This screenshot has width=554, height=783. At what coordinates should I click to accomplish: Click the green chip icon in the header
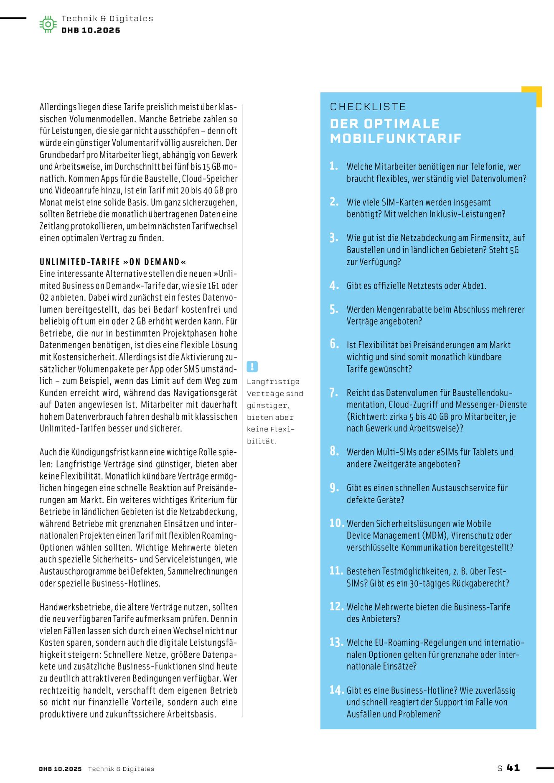48,24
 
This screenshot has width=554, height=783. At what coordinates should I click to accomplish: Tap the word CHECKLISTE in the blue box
368,107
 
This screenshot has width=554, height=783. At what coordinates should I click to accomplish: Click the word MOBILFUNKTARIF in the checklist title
396,138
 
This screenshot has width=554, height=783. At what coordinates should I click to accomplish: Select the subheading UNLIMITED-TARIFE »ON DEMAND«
113,262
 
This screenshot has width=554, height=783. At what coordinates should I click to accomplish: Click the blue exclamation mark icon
252,367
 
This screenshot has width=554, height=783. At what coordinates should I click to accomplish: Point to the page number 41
513,768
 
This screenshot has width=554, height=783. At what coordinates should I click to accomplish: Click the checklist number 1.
333,166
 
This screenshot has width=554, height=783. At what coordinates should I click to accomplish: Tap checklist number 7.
333,393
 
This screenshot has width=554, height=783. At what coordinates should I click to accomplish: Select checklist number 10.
336,523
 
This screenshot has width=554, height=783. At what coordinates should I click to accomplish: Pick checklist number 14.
336,690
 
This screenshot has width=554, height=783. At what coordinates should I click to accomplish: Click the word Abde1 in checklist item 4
474,286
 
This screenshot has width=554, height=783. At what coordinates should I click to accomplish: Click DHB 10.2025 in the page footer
60,769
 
